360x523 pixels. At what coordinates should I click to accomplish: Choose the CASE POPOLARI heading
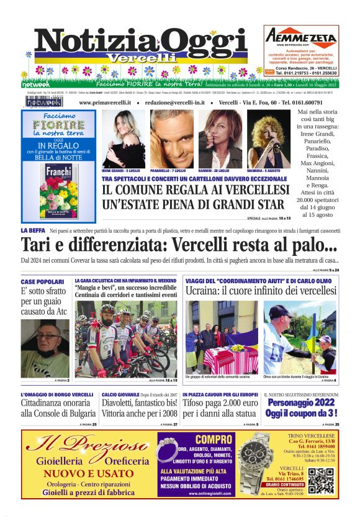[41, 281]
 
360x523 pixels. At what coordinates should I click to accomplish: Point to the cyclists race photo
[126, 339]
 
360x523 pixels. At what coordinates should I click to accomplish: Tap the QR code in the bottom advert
[320, 480]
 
